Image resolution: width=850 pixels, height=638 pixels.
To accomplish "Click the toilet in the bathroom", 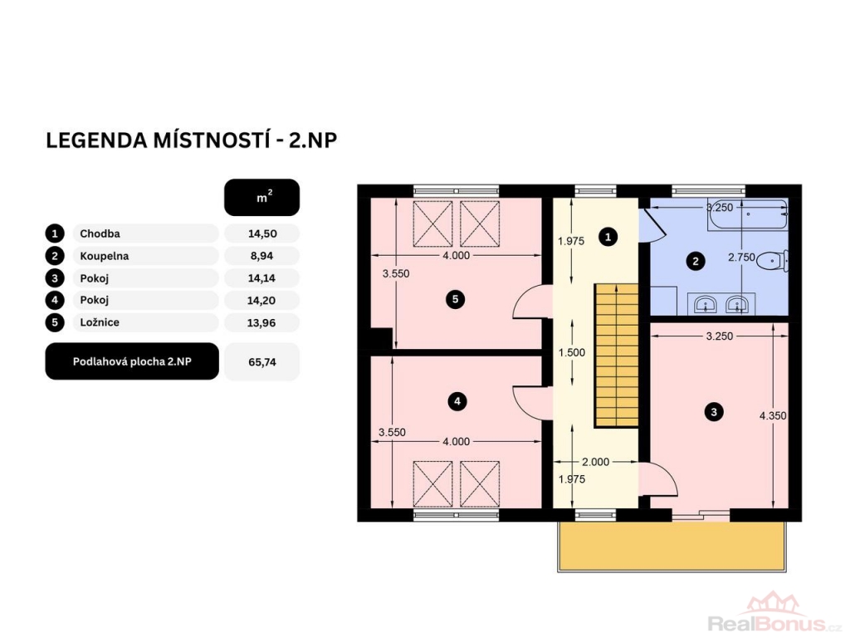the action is pyautogui.click(x=773, y=261).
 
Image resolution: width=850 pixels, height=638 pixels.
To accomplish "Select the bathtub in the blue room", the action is pyautogui.click(x=748, y=214).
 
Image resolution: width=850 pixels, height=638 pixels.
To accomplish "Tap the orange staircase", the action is pyautogui.click(x=617, y=356).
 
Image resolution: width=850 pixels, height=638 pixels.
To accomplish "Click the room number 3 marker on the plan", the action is pyautogui.click(x=713, y=412).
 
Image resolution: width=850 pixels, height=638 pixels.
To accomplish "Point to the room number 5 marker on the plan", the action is pyautogui.click(x=456, y=299).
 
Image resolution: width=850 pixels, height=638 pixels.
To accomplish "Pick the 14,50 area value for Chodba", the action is pyautogui.click(x=262, y=233).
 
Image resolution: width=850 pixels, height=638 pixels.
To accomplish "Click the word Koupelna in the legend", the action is pyautogui.click(x=104, y=256).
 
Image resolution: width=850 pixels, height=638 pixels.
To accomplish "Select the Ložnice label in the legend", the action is pyautogui.click(x=100, y=322).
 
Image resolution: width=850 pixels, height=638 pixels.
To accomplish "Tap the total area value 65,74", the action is pyautogui.click(x=262, y=362).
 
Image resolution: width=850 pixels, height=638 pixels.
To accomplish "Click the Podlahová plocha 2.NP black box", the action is pyautogui.click(x=132, y=361).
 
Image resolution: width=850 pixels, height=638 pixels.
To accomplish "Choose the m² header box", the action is pyautogui.click(x=261, y=198).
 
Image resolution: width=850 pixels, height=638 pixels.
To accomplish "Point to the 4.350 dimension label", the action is pyautogui.click(x=773, y=416).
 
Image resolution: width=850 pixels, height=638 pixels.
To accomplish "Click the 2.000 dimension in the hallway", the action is pyautogui.click(x=595, y=462).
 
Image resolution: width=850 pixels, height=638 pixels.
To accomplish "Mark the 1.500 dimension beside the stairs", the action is pyautogui.click(x=572, y=352).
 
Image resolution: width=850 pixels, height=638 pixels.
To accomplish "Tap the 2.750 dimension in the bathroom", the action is pyautogui.click(x=741, y=258).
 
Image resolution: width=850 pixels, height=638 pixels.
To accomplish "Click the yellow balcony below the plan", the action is pyautogui.click(x=672, y=547).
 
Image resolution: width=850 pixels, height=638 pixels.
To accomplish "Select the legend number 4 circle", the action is pyautogui.click(x=55, y=300).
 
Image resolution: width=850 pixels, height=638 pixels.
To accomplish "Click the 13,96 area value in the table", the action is pyautogui.click(x=261, y=323).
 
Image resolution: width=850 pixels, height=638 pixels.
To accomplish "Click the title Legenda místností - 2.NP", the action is pyautogui.click(x=192, y=140).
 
